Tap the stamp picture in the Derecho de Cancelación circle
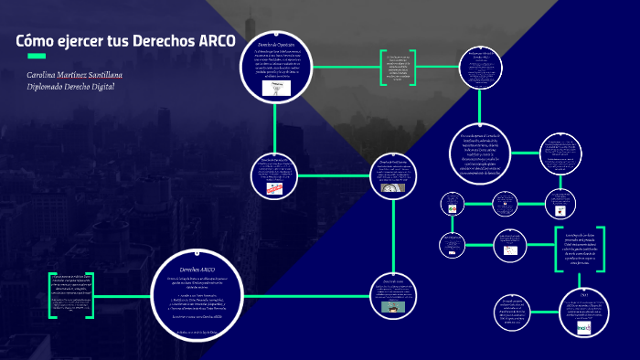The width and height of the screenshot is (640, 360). pyautogui.click(x=273, y=189)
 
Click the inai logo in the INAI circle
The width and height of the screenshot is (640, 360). pyautogui.click(x=583, y=326)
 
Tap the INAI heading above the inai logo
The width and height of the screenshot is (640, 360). pyautogui.click(x=583, y=294)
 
